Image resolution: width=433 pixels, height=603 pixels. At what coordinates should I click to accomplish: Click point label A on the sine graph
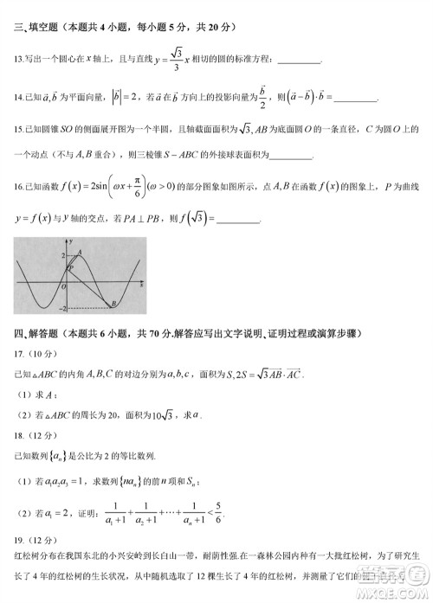pyautogui.click(x=80, y=251)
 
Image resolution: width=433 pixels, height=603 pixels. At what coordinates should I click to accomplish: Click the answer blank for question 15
pyautogui.click(x=291, y=157)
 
